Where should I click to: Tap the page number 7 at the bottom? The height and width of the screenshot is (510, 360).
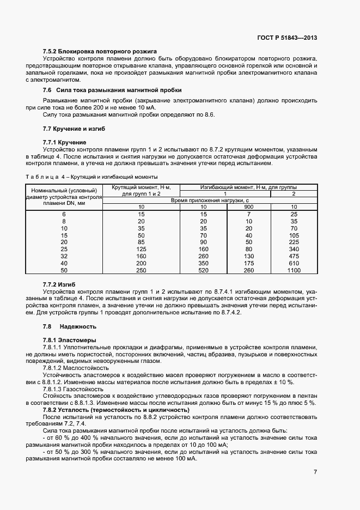pos(315,471)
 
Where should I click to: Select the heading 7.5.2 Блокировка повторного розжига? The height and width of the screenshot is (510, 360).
pos(100,51)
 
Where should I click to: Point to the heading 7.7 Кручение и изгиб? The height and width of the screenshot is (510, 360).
pos(74,129)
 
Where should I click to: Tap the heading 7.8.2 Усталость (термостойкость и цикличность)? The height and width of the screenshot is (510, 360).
pos(116,410)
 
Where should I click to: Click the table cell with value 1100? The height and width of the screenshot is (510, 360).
pos(294,270)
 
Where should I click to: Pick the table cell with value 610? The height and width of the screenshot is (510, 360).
pos(294,263)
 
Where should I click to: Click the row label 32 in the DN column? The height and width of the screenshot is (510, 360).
pos(64,256)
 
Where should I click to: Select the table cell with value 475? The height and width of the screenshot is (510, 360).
pos(294,256)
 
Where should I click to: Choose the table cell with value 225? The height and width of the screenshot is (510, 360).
pos(294,242)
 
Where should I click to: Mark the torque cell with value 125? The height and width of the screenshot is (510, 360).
pos(141,249)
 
